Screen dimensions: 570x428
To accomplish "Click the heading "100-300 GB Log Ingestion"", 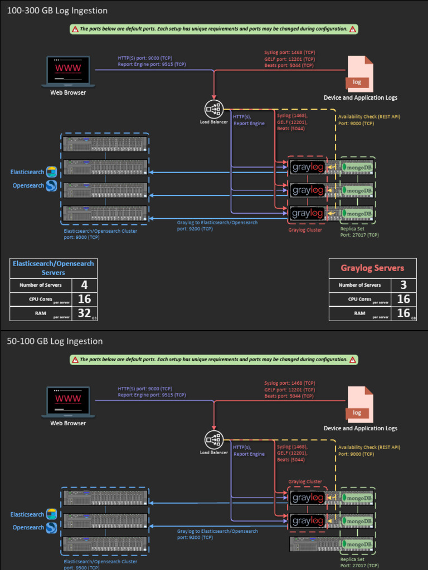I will pyautogui.click(x=57, y=11).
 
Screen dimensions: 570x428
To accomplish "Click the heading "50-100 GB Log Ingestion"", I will pyautogui.click(x=55, y=341).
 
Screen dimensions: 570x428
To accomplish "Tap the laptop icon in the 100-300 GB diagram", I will pyautogui.click(x=68, y=71).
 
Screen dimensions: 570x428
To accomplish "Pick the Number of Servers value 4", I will pyautogui.click(x=84, y=285).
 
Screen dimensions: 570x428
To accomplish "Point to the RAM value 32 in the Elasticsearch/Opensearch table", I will pyautogui.click(x=84, y=313).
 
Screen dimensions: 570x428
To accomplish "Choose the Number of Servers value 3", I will pyautogui.click(x=403, y=285).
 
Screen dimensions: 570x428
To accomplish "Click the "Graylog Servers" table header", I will pyautogui.click(x=372, y=268).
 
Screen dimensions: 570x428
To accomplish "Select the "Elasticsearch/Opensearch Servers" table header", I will pyautogui.click(x=53, y=268).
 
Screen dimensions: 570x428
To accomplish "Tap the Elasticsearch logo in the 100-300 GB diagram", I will pyautogui.click(x=51, y=171).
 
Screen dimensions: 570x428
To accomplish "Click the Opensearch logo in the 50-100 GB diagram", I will pyautogui.click(x=51, y=527).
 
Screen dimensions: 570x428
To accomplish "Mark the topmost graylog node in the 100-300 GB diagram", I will pyautogui.click(x=308, y=167).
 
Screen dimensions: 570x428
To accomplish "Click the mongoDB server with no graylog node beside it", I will pyautogui.click(x=332, y=544).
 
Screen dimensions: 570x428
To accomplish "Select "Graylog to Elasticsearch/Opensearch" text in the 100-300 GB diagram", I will pyautogui.click(x=217, y=223).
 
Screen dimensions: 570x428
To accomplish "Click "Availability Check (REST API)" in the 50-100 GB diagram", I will pyautogui.click(x=369, y=447).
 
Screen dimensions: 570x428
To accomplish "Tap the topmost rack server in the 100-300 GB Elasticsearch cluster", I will pyautogui.click(x=105, y=144).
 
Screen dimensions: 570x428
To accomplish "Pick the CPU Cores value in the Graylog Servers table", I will pyautogui.click(x=403, y=299).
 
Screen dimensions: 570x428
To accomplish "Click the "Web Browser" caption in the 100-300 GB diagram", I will pyautogui.click(x=68, y=92).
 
